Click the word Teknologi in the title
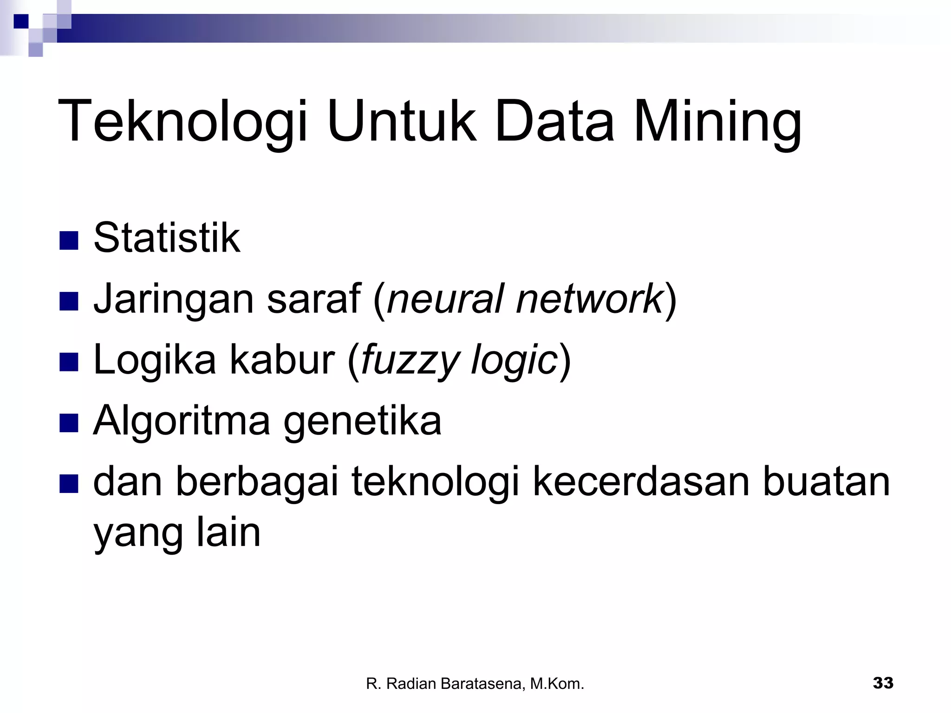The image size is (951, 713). [x=182, y=122]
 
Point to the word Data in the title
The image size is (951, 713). [x=554, y=122]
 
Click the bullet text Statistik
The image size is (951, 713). [x=167, y=238]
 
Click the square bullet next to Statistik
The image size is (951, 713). [x=69, y=241]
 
